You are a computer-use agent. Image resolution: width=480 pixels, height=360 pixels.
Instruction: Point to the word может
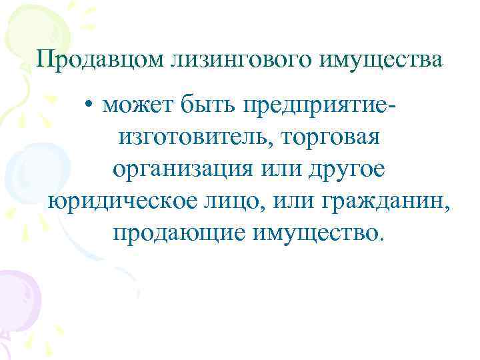coord(137,105)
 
